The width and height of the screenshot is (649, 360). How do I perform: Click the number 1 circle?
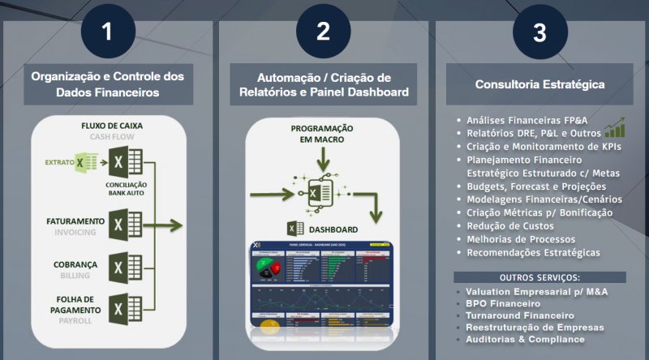pyautogui.click(x=107, y=32)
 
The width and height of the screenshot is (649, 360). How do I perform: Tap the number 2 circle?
pyautogui.click(x=323, y=32)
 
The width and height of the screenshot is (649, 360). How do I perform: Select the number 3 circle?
pyautogui.click(x=539, y=32)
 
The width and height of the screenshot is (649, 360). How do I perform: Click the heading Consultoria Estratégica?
pyautogui.click(x=539, y=84)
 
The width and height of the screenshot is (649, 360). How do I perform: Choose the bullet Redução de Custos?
pyautogui.click(x=510, y=225)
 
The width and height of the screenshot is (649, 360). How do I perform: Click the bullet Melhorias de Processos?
pyautogui.click(x=521, y=239)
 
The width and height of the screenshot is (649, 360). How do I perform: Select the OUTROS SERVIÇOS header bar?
pyautogui.click(x=539, y=277)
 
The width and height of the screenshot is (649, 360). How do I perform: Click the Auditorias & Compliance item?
pyautogui.click(x=525, y=339)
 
